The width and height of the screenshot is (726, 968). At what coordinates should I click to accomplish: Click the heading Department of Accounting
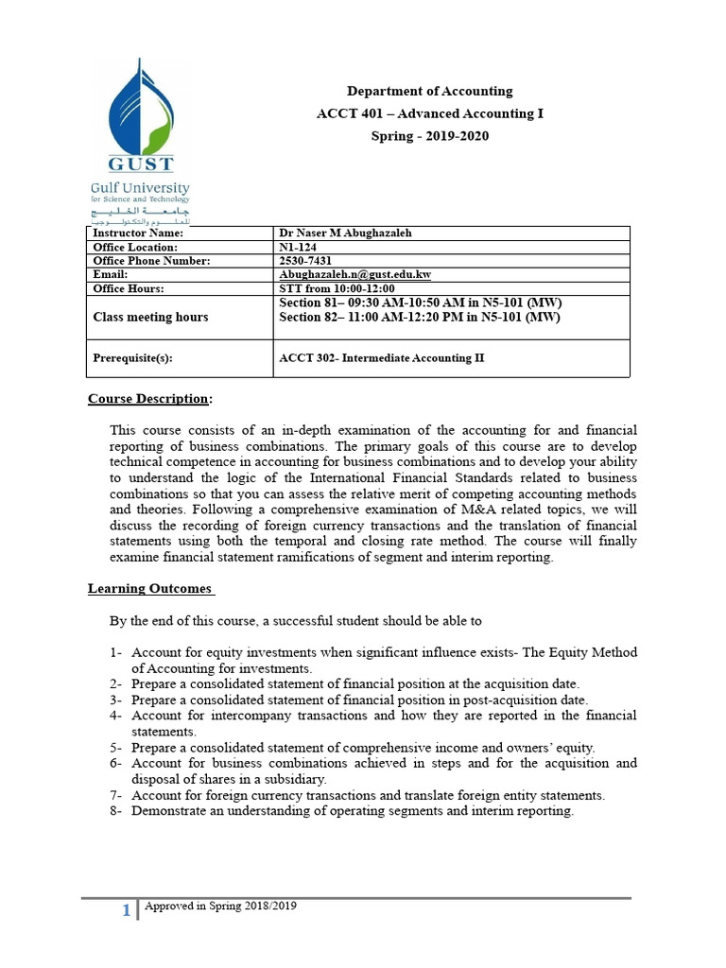point(429,92)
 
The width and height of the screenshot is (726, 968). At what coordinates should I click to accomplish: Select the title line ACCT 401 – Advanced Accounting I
point(429,113)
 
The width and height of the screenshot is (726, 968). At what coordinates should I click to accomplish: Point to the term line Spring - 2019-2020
point(429,135)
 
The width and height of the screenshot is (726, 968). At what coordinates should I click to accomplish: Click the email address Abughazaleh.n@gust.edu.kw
point(355,274)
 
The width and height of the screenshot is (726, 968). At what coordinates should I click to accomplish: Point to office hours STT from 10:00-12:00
point(337,288)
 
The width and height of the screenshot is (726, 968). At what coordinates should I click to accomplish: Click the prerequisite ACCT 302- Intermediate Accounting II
point(382,359)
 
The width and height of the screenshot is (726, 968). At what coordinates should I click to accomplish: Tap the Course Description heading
point(149,398)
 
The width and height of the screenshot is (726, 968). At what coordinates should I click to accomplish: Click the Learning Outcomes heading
point(150,588)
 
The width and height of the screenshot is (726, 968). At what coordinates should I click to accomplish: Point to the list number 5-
point(115,747)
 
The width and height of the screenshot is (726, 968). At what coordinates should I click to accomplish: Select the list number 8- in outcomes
point(115,810)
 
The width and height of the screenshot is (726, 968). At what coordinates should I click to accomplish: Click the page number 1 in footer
point(127,909)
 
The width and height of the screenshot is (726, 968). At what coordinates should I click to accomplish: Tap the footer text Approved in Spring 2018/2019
point(220,906)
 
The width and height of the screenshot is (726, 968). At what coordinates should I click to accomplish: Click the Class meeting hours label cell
point(150,318)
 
